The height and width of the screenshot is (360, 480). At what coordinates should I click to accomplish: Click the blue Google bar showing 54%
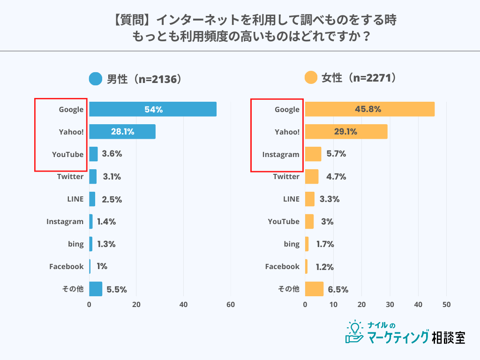point(153,109)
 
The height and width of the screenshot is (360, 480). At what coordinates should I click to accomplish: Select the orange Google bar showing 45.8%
point(369,109)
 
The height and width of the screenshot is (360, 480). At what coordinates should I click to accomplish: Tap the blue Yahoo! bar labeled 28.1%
point(122,132)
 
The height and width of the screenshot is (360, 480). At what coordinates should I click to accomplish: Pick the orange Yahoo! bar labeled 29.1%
point(346,132)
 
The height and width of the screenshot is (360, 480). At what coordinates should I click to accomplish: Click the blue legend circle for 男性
point(96,79)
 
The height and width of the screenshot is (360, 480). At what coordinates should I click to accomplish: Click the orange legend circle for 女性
point(311,78)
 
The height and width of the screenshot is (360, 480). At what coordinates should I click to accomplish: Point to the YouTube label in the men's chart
point(67,154)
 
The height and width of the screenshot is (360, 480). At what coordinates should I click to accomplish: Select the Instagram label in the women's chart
point(280,154)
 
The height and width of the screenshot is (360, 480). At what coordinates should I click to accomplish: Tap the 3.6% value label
point(112,154)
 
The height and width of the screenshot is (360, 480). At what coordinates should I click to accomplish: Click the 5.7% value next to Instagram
point(336,154)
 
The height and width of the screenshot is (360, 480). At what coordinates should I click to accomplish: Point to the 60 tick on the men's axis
point(231,305)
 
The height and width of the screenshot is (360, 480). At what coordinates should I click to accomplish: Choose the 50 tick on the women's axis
point(447,305)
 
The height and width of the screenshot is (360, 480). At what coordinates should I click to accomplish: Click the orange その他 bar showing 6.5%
point(314,289)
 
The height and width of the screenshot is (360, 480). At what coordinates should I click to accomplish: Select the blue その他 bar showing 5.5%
point(96,289)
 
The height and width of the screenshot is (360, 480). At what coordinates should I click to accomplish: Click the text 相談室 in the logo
point(448,337)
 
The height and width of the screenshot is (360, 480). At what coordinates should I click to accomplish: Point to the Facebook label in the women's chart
point(282,266)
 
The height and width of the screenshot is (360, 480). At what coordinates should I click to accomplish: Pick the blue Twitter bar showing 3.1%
point(93,177)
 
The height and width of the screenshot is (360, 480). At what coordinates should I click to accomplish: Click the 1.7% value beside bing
point(324,244)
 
